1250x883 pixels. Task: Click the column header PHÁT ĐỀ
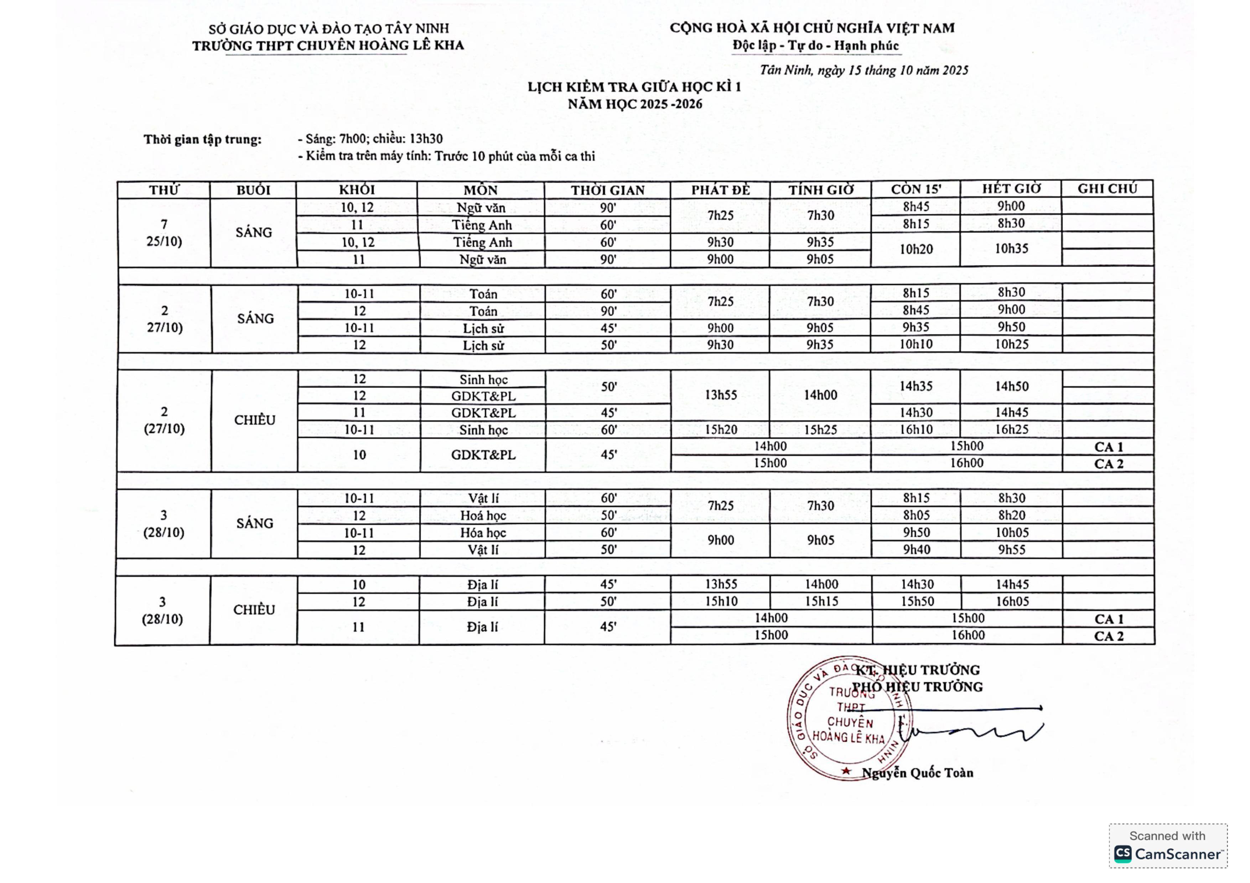720,190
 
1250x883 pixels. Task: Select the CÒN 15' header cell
916,189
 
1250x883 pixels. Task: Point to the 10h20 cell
916,249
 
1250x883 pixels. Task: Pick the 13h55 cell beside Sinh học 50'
720,395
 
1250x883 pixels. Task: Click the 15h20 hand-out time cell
720,430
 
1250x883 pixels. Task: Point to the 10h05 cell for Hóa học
1012,533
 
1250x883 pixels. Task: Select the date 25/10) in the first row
164,241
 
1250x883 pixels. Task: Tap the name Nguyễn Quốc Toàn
917,773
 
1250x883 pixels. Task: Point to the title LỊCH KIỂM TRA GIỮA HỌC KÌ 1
634,87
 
